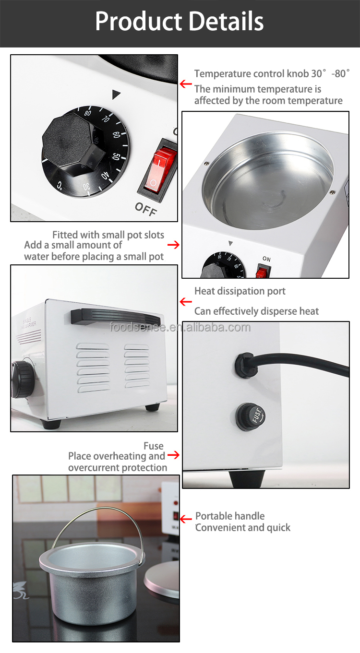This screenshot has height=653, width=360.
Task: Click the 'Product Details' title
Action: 180,22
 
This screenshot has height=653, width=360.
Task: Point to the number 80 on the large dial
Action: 87,114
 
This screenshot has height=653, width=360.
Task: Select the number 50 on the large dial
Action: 116,157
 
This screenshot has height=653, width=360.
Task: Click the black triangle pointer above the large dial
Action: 116,94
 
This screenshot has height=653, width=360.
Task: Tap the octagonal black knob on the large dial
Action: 72,146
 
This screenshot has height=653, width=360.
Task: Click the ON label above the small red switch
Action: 266,259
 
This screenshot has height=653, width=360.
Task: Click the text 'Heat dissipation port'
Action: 240,291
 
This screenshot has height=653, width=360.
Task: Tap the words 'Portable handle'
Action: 230,516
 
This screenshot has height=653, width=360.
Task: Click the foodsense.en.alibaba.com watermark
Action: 180,328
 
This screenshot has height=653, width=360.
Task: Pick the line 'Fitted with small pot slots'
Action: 108,235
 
